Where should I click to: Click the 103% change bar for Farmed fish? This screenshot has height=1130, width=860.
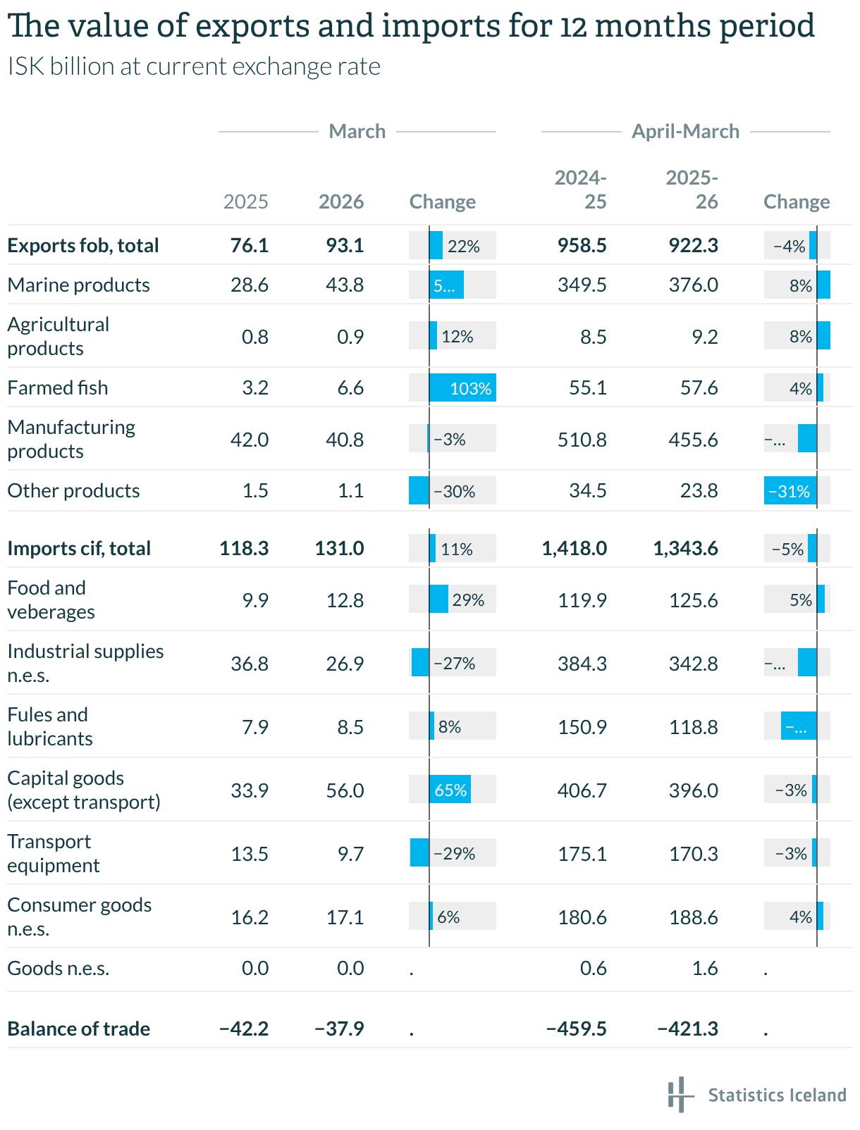pyautogui.click(x=462, y=388)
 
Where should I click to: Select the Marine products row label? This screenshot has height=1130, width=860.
pyautogui.click(x=78, y=285)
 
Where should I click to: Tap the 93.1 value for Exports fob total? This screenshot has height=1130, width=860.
pyautogui.click(x=345, y=246)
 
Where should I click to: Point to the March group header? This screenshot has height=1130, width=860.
pyautogui.click(x=357, y=132)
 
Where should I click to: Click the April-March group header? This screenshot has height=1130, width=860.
pyautogui.click(x=685, y=132)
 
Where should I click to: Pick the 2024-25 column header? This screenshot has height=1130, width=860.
pyautogui.click(x=581, y=190)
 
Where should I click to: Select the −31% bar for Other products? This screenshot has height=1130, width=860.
pyautogui.click(x=790, y=491)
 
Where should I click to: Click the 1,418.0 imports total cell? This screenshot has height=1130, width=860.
pyautogui.click(x=574, y=549)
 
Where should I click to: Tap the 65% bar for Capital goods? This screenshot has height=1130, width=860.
pyautogui.click(x=450, y=790)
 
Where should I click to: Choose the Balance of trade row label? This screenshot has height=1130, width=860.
pyautogui.click(x=78, y=1029)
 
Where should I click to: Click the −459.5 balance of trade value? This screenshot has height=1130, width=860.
pyautogui.click(x=576, y=1029)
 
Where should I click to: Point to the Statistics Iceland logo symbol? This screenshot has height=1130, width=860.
pyautogui.click(x=677, y=1094)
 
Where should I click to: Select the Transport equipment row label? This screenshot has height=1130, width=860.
pyautogui.click(x=54, y=854)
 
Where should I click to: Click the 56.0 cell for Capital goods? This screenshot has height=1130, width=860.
pyautogui.click(x=345, y=790)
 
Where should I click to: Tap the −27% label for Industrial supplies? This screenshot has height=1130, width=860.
pyautogui.click(x=455, y=664)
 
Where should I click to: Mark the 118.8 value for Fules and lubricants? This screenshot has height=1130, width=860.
pyautogui.click(x=694, y=727)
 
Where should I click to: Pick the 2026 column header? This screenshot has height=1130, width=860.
pyautogui.click(x=341, y=202)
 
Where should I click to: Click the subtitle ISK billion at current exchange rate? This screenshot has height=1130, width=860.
pyautogui.click(x=194, y=67)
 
